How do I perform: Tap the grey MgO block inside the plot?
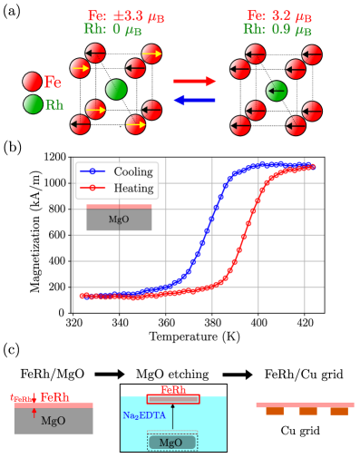tap(119, 219)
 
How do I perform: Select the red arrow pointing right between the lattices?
tap(195, 82)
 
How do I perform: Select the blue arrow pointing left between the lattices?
tap(195, 100)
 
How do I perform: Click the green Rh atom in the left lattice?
tap(116, 89)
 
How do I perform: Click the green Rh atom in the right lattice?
tap(277, 90)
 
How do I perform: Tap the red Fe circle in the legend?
tap(33, 83)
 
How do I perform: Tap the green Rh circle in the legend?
tap(33, 104)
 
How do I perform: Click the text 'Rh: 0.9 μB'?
tap(279, 30)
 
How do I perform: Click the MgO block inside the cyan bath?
tap(172, 442)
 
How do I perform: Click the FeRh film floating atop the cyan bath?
tap(173, 398)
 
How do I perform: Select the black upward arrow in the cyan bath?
tap(173, 418)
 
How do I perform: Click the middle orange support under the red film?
tap(307, 412)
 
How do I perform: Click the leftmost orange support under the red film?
tap(275, 412)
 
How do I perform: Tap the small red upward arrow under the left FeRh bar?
tap(34, 413)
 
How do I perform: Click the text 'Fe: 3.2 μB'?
tap(279, 15)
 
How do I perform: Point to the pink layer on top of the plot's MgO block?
tap(119, 207)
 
